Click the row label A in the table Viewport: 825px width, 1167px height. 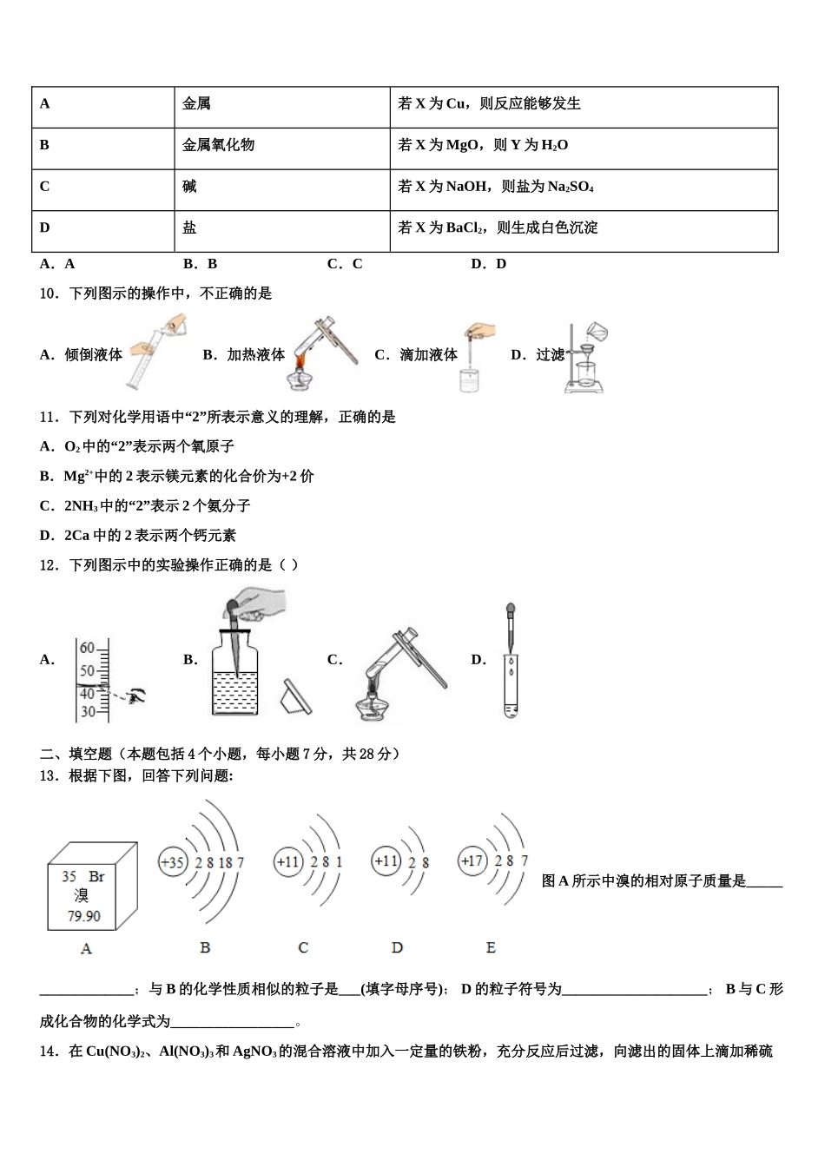(45, 104)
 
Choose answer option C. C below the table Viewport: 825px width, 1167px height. (345, 264)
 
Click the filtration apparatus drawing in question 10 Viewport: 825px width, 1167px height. (586, 358)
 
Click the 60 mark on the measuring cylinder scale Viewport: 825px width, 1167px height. (88, 648)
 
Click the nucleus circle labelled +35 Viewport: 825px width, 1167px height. (173, 862)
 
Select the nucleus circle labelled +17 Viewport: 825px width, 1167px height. (472, 861)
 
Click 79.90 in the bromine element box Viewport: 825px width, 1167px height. (84, 916)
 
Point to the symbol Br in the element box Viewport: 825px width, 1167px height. (96, 877)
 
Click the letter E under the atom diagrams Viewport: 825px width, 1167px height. (491, 947)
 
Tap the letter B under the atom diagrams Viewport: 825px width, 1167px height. (205, 947)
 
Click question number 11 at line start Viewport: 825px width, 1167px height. (49, 417)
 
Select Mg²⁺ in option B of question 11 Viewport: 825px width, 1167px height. (78, 476)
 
